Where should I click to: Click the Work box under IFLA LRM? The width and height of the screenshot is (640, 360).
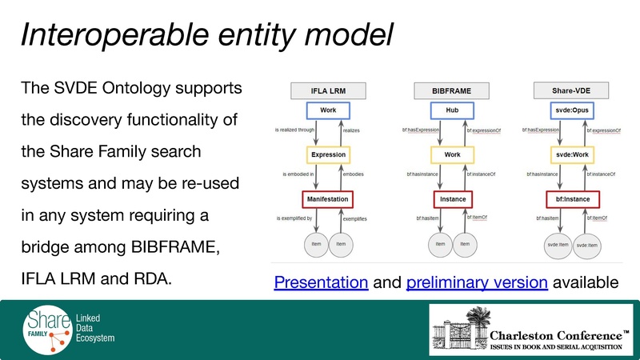[327, 110]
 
